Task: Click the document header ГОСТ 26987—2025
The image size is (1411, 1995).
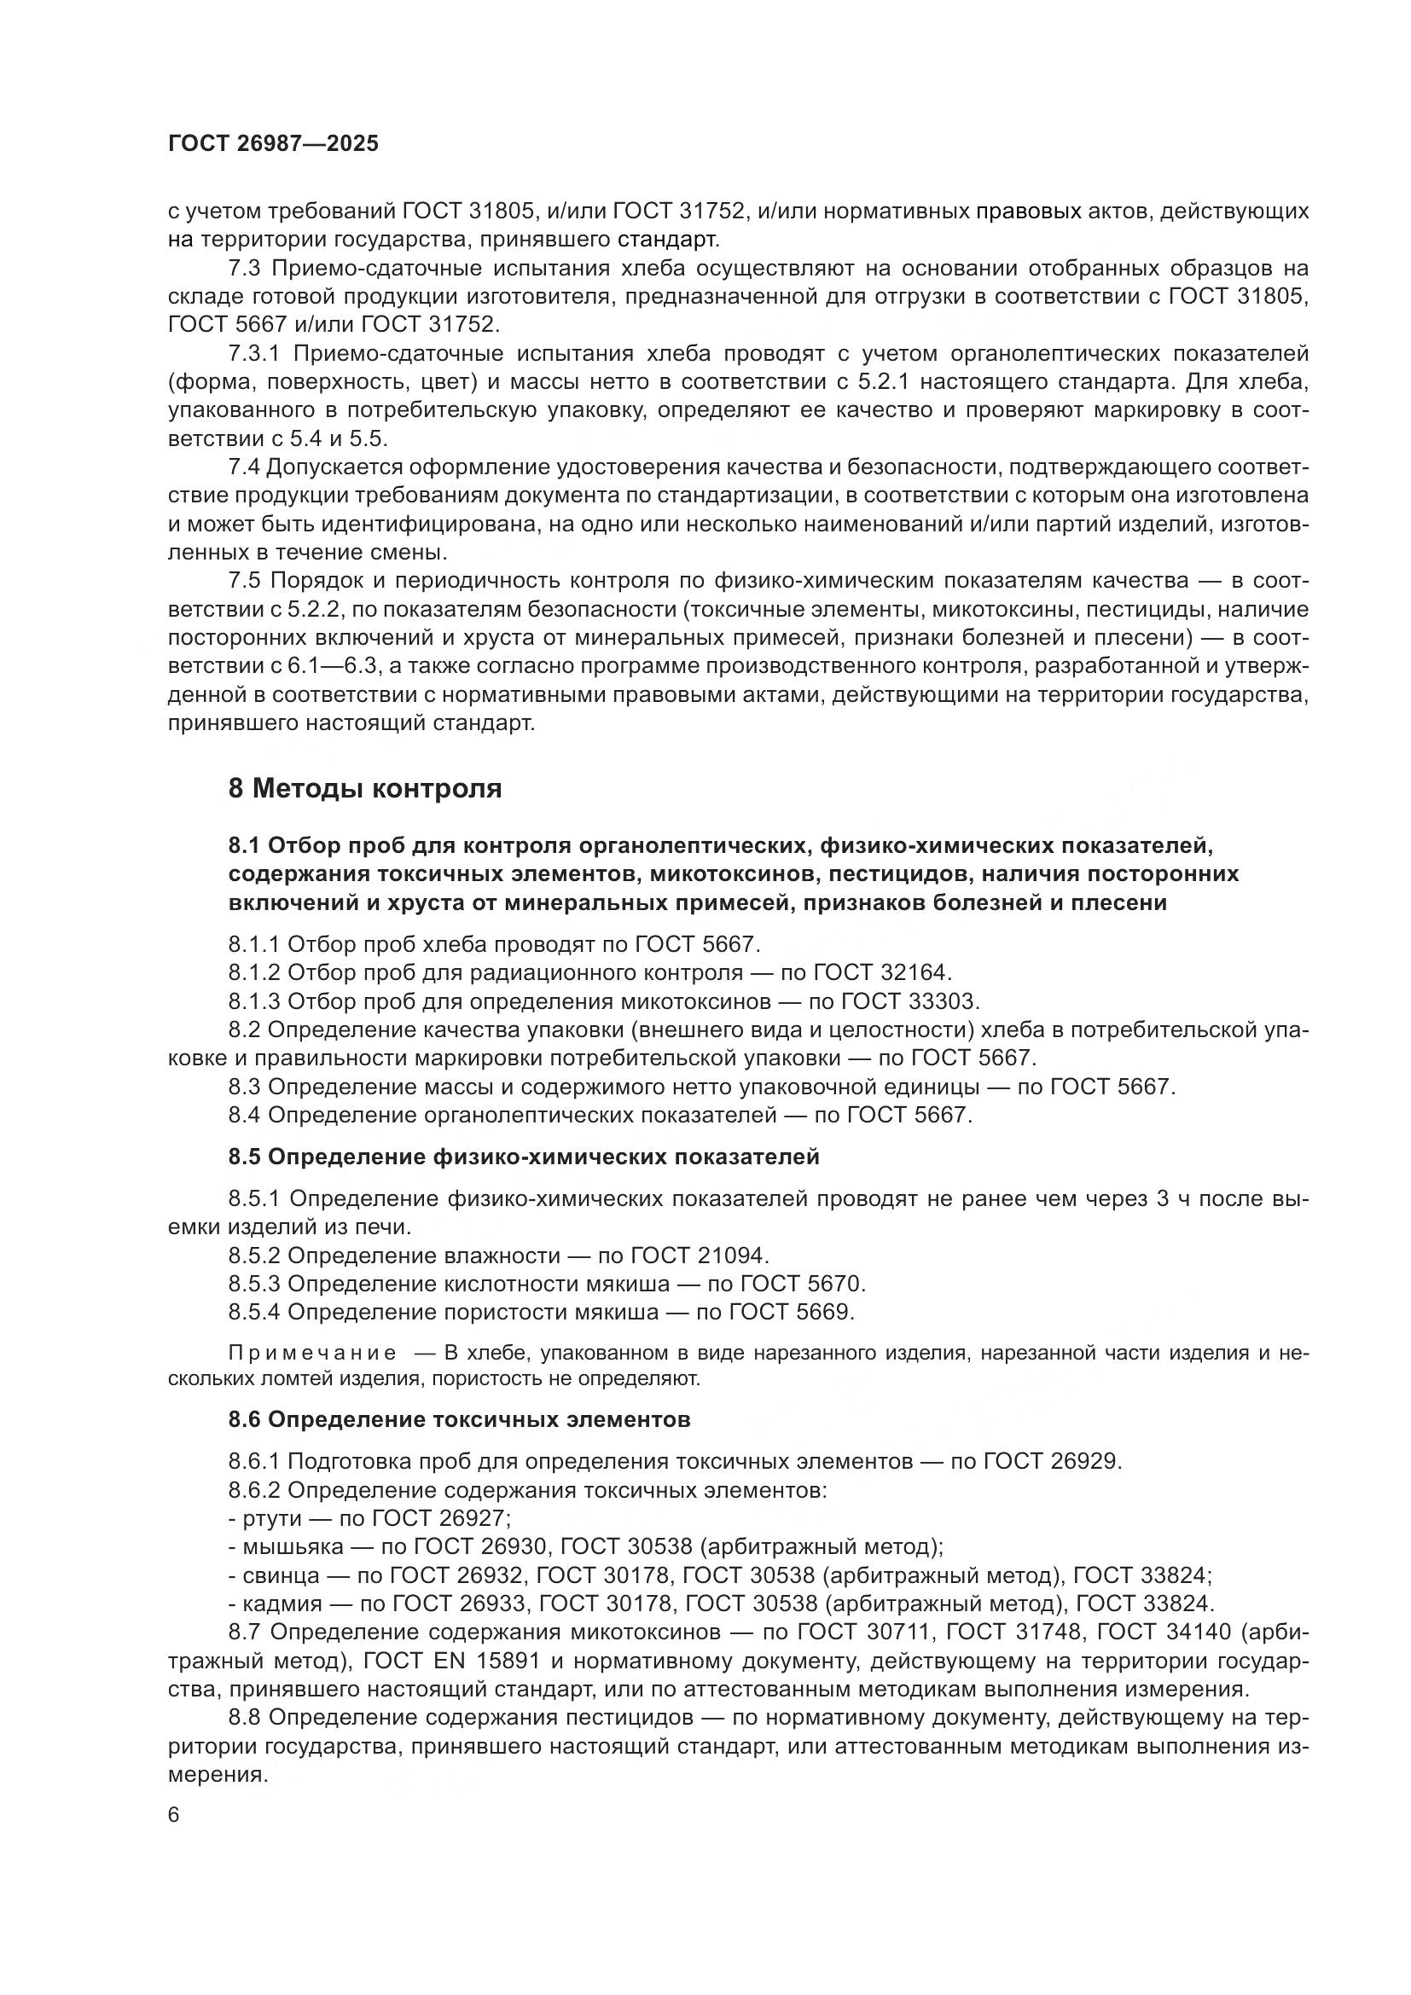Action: (x=274, y=143)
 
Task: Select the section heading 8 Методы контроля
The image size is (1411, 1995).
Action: (x=366, y=788)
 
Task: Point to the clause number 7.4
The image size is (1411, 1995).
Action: (x=244, y=467)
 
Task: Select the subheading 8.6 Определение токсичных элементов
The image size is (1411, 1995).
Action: (x=459, y=1420)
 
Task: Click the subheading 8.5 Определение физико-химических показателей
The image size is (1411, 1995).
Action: (x=524, y=1157)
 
